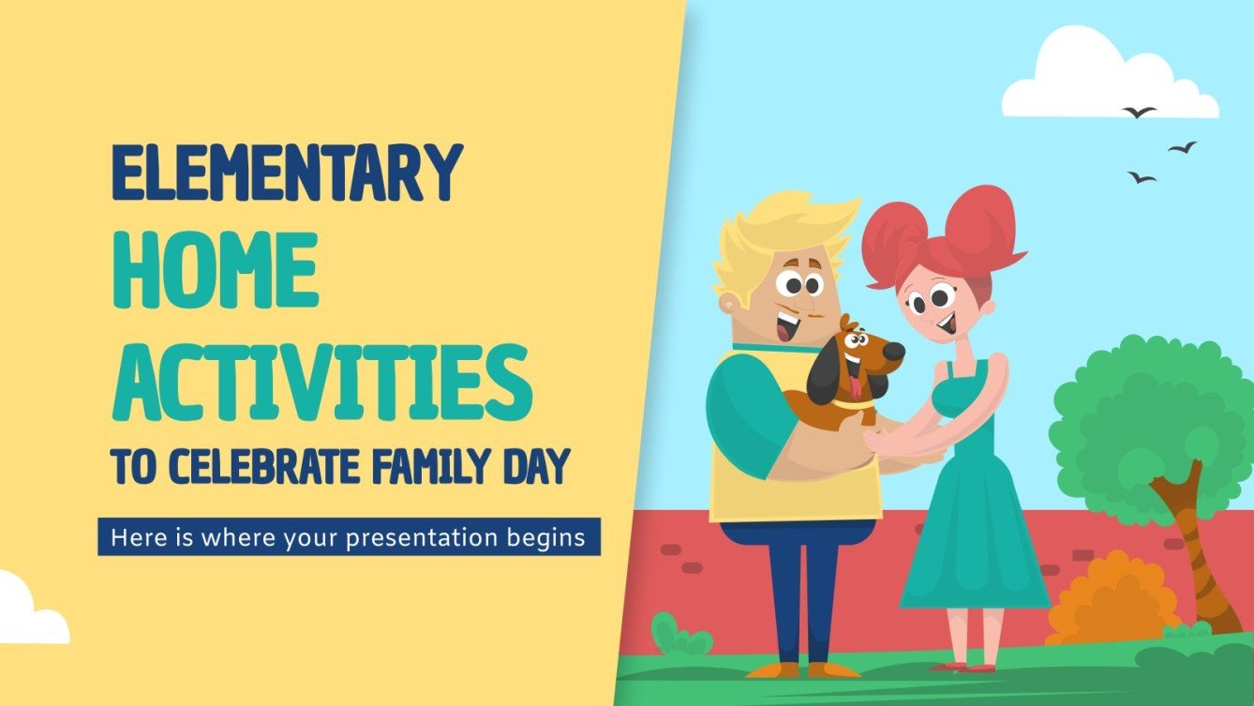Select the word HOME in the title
tap(214, 269)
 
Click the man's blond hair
tap(783, 225)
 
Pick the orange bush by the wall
tap(1112, 600)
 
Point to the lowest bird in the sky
tap(1141, 176)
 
